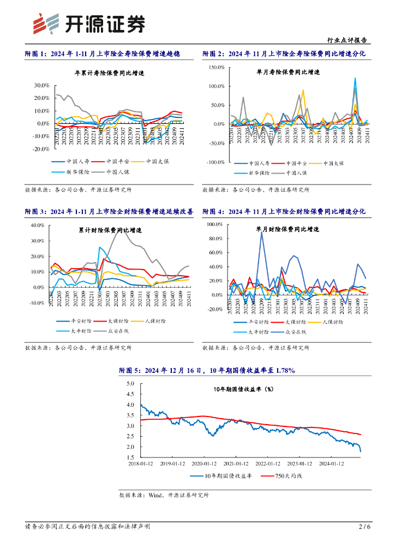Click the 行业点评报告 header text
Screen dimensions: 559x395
346,40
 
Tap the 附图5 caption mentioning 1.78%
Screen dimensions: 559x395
207,371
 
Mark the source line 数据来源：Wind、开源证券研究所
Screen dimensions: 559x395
164,495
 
